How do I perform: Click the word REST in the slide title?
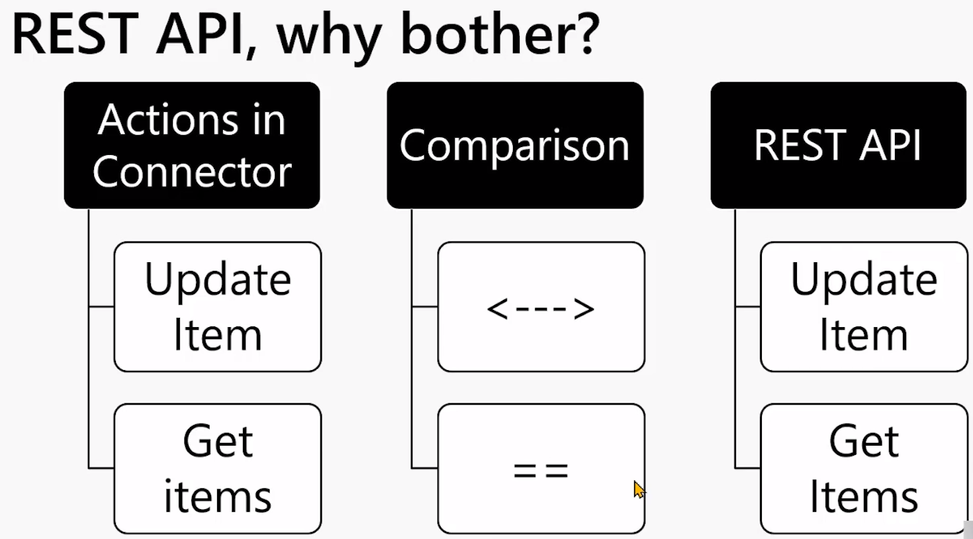pos(75,34)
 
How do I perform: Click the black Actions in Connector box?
pos(192,145)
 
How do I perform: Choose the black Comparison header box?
pos(515,145)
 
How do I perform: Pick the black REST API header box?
pos(839,145)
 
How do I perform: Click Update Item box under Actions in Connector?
pos(218,307)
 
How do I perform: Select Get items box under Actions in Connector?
pos(218,469)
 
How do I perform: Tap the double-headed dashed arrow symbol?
pos(541,309)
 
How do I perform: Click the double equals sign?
pos(541,471)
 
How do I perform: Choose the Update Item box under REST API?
pos(864,307)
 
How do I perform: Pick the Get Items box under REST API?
pos(864,469)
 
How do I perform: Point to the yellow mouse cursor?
pos(639,489)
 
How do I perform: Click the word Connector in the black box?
pos(192,171)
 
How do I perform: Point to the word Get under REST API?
pos(864,441)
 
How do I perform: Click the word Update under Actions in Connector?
pos(218,280)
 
